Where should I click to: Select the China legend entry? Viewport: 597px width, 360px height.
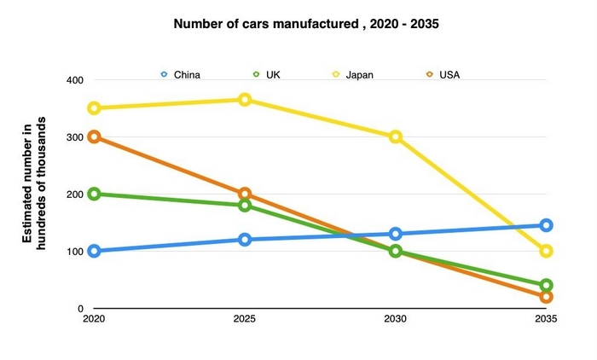point(181,74)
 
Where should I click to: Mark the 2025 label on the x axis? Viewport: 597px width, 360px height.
point(245,319)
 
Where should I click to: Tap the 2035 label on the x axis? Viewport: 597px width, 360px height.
point(546,319)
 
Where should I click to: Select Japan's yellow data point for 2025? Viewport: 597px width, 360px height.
point(245,100)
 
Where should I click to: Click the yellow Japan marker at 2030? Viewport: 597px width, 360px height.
point(396,137)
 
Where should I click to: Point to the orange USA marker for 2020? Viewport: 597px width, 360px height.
point(94,137)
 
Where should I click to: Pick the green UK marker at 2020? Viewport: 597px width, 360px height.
point(94,195)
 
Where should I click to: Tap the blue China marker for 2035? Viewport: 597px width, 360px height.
point(546,225)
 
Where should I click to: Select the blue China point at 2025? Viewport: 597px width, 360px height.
point(245,240)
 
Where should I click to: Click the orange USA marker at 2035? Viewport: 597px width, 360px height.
point(546,297)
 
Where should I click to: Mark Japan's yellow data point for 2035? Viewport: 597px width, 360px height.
point(546,251)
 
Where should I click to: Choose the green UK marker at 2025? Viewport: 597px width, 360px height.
point(245,206)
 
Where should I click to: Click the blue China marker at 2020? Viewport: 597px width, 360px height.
point(94,251)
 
